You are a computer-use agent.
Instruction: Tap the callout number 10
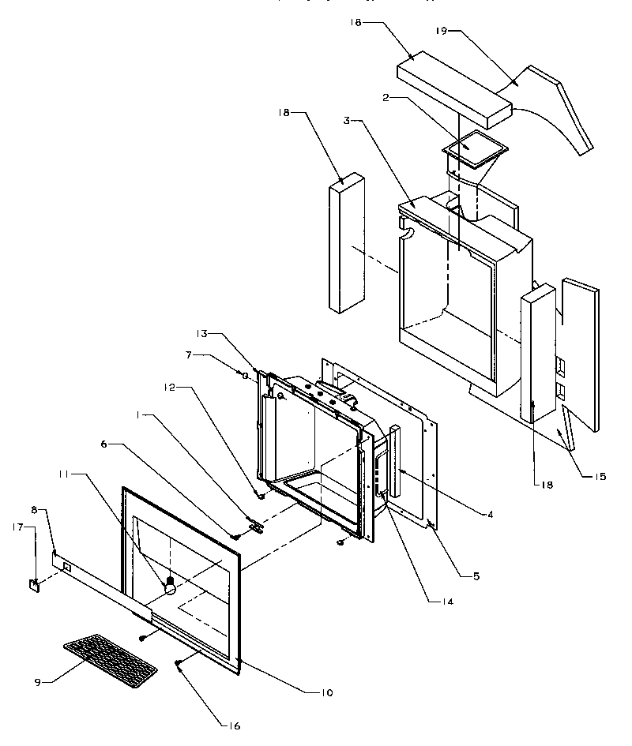pyautogui.click(x=325, y=692)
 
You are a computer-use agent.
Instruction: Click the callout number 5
pyautogui.click(x=476, y=575)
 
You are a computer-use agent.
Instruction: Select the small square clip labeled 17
pyautogui.click(x=35, y=585)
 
